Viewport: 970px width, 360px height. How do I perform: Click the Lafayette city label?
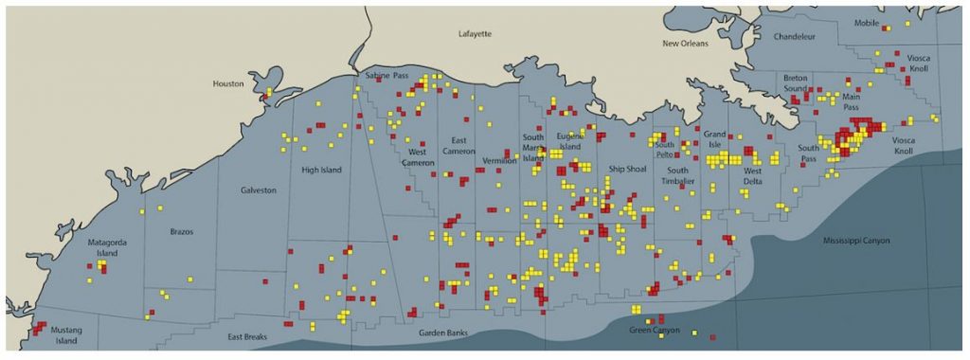tap(475, 33)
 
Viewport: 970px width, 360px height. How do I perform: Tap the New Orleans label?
tap(684, 44)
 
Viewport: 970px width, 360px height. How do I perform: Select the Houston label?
tap(228, 83)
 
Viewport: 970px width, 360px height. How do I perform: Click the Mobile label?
tap(867, 23)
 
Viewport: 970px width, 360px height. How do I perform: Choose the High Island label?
tap(321, 171)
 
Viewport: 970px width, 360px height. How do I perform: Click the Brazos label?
tap(181, 230)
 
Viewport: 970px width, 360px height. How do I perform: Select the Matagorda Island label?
tap(107, 248)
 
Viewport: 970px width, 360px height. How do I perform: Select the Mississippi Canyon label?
tap(856, 241)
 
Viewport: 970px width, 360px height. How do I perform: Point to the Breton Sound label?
tap(796, 82)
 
